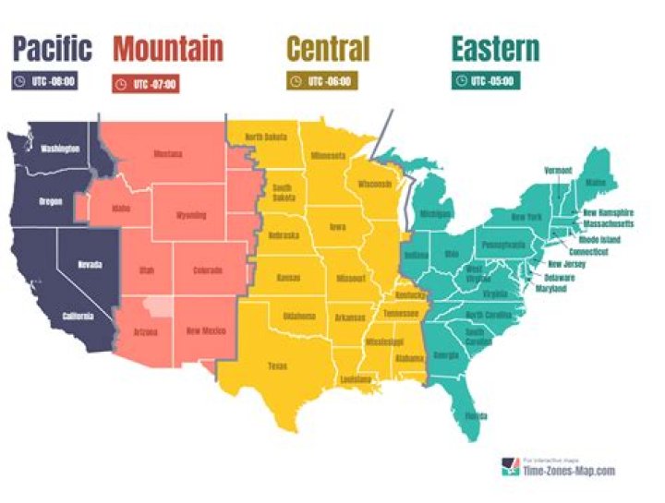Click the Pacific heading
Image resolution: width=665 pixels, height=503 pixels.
[x=53, y=48]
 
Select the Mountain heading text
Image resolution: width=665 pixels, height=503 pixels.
[x=167, y=48]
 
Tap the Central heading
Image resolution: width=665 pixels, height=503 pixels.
[x=328, y=48]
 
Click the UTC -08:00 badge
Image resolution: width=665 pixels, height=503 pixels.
[x=44, y=81]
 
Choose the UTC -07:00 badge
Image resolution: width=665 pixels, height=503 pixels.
[x=145, y=84]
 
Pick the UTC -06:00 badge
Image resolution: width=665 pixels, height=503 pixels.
[x=320, y=81]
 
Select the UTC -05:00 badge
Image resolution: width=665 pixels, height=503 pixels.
[x=486, y=81]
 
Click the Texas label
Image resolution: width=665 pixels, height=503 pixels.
[x=277, y=366]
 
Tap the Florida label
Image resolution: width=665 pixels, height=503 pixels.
[x=477, y=416]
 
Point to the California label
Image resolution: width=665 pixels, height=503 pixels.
[x=78, y=317]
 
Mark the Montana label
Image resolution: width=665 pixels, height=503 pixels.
[x=168, y=154]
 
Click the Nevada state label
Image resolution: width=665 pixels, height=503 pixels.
[x=90, y=265]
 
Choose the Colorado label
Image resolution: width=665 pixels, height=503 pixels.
[x=208, y=270]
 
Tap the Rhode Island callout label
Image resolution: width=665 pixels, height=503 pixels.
[x=599, y=240]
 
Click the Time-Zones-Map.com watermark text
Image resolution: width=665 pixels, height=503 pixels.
[x=568, y=471]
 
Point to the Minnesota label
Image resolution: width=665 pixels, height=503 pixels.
[x=328, y=156]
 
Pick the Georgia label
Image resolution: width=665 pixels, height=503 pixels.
[x=445, y=355]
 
